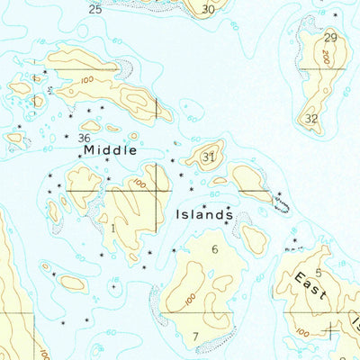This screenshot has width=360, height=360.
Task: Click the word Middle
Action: pyautogui.click(x=111, y=150)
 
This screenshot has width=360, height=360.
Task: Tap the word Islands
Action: pyautogui.click(x=205, y=215)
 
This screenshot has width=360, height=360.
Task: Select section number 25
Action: pyautogui.click(x=95, y=9)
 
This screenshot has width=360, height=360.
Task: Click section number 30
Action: pyautogui.click(x=208, y=9)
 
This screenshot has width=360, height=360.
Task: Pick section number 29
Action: pyautogui.click(x=330, y=37)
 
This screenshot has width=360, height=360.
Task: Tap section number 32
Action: pyautogui.click(x=311, y=118)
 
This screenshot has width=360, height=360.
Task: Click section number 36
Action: pyautogui.click(x=84, y=138)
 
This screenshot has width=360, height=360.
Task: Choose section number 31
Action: pyautogui.click(x=209, y=157)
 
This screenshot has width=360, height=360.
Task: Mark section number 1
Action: pyautogui.click(x=113, y=229)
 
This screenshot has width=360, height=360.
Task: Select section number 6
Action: pyautogui.click(x=215, y=248)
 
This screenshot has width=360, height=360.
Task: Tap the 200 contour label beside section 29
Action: pyautogui.click(x=323, y=56)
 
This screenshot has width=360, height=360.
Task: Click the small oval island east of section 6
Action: pyautogui.click(x=256, y=238)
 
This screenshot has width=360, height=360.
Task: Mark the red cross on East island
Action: pyautogui.click(x=330, y=330)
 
